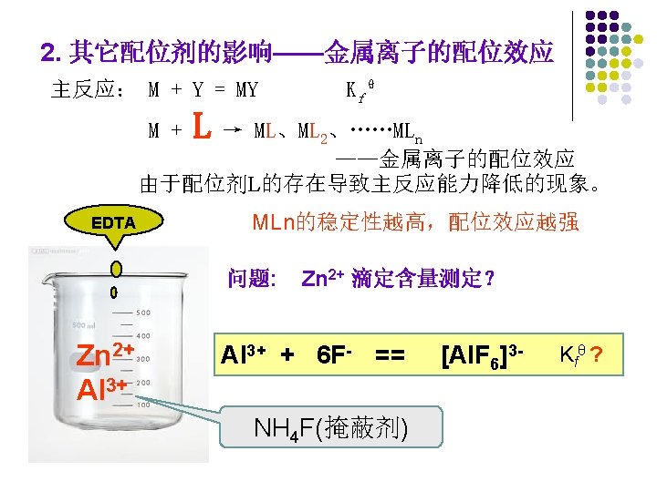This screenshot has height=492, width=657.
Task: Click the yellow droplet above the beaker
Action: click(x=116, y=269)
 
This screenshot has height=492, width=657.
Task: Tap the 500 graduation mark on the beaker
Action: click(x=144, y=313)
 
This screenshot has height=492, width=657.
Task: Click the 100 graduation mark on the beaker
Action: click(x=143, y=404)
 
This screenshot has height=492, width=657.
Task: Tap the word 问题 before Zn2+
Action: click(x=252, y=278)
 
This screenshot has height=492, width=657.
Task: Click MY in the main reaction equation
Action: click(x=246, y=90)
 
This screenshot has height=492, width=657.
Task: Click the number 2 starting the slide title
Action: click(x=48, y=53)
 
